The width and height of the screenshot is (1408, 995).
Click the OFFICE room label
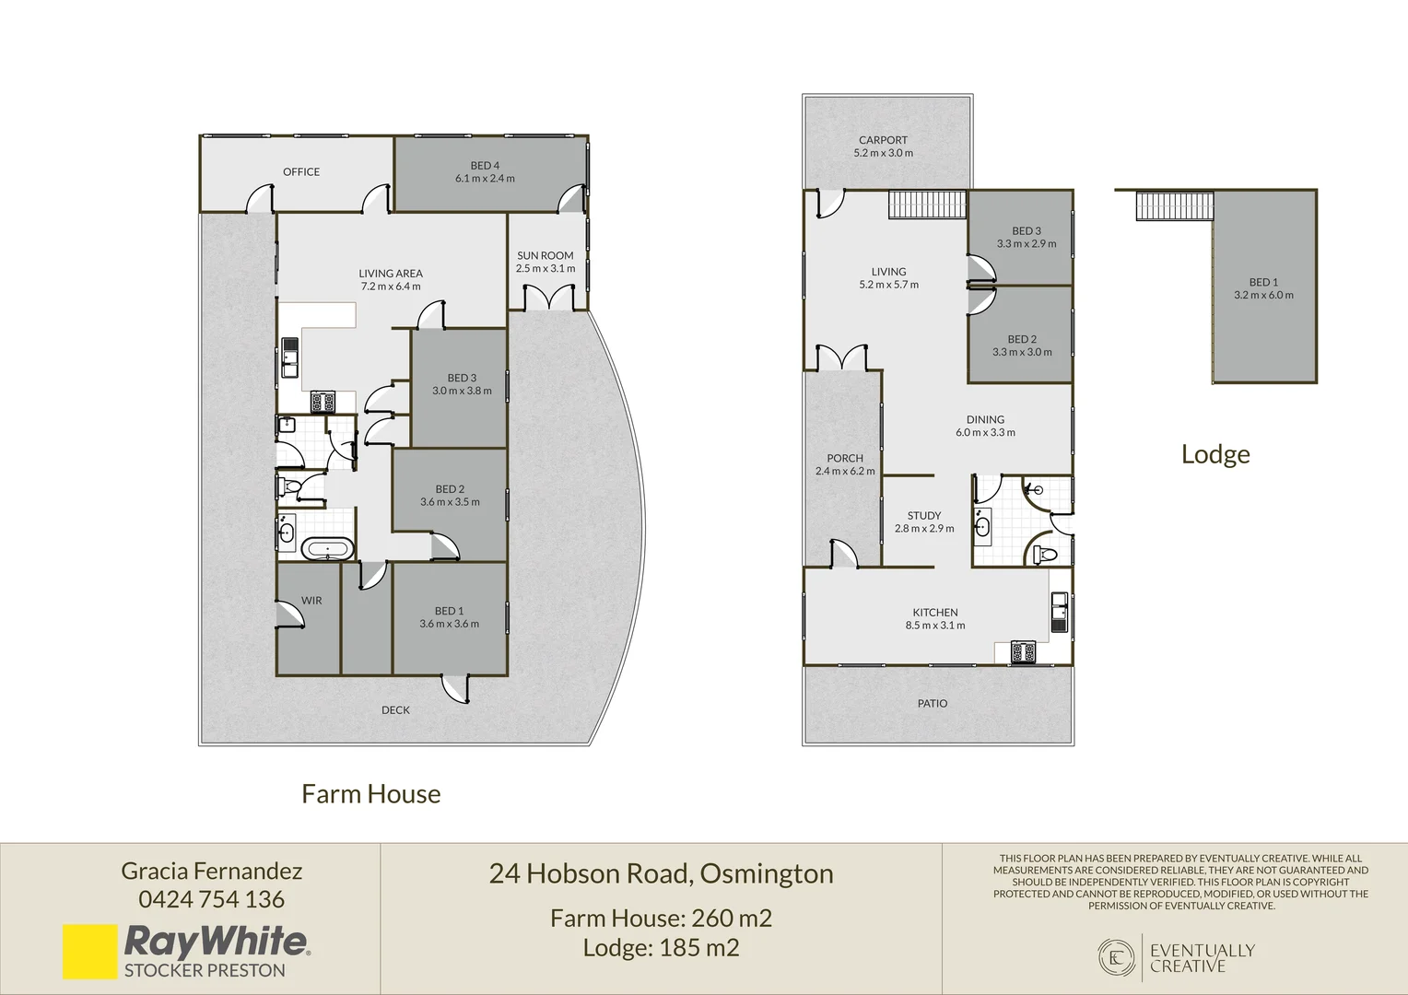tap(301, 171)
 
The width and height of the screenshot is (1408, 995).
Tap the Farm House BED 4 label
tap(485, 166)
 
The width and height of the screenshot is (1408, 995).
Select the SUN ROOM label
tap(545, 256)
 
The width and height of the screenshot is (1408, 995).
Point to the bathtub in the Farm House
tap(327, 549)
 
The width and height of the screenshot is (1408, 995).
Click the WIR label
tap(311, 601)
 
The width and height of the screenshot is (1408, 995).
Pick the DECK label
tap(395, 709)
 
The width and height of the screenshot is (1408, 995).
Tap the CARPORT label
tap(883, 140)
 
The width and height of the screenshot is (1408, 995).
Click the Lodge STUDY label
tap(924, 515)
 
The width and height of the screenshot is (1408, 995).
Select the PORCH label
tap(845, 458)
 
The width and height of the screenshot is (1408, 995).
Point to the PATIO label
tap(933, 703)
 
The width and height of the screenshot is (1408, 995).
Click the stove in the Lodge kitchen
tap(1023, 651)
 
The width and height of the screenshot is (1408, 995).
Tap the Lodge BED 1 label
tap(1263, 282)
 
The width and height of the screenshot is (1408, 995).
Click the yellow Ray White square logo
tap(90, 951)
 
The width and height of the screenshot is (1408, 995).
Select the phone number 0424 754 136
tap(212, 899)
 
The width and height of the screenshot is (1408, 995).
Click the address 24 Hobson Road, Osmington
tap(662, 874)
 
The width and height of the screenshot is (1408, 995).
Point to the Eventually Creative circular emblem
tap(1116, 957)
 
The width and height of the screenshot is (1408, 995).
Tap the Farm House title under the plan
tap(370, 794)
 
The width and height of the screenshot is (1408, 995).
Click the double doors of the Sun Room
tap(549, 298)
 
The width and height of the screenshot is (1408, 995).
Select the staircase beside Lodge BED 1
tap(1174, 206)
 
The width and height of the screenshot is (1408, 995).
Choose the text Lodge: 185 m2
tap(662, 947)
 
